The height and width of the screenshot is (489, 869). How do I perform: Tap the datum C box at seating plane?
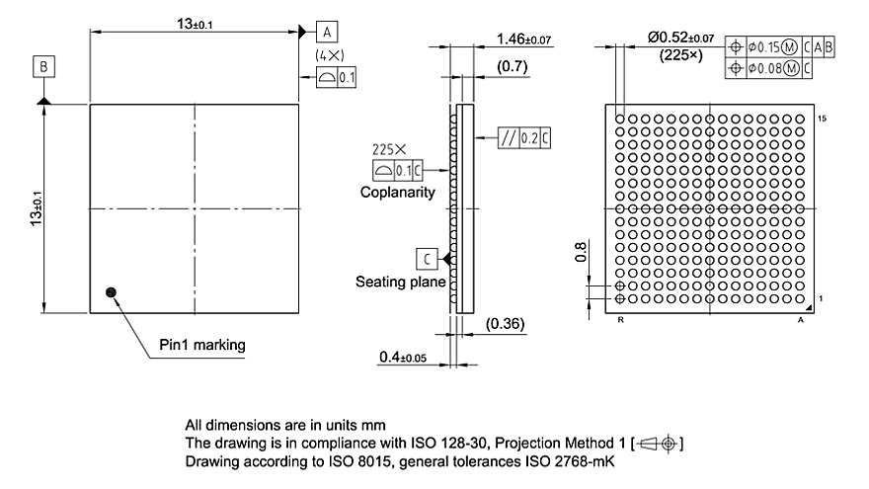point(426,258)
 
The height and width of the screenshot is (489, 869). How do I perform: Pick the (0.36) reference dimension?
point(506,323)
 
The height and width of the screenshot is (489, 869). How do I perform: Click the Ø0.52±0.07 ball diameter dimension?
point(680,37)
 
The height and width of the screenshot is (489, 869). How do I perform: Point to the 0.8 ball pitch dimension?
point(581,254)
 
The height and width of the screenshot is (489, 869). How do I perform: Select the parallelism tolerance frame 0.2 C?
point(522,138)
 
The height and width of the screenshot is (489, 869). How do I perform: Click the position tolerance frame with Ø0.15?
point(779,46)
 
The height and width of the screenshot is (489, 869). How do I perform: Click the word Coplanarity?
point(397,193)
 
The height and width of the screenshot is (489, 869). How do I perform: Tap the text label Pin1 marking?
point(201,345)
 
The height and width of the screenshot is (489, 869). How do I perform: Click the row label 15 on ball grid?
point(823,118)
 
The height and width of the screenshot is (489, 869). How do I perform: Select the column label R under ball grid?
point(619,321)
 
